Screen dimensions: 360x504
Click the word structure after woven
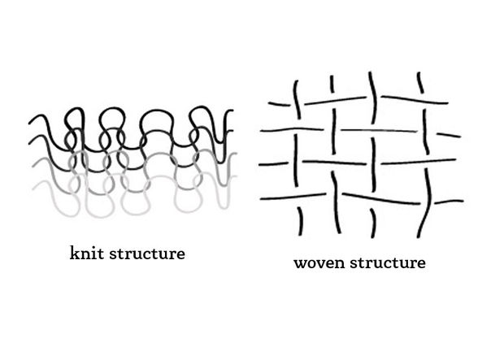[x=387, y=263]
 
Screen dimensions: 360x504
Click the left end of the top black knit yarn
[x=30, y=124]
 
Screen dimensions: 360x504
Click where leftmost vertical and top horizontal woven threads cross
[x=297, y=102]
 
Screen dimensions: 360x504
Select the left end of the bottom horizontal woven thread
[x=263, y=197]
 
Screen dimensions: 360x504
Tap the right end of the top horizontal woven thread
[x=447, y=102]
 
